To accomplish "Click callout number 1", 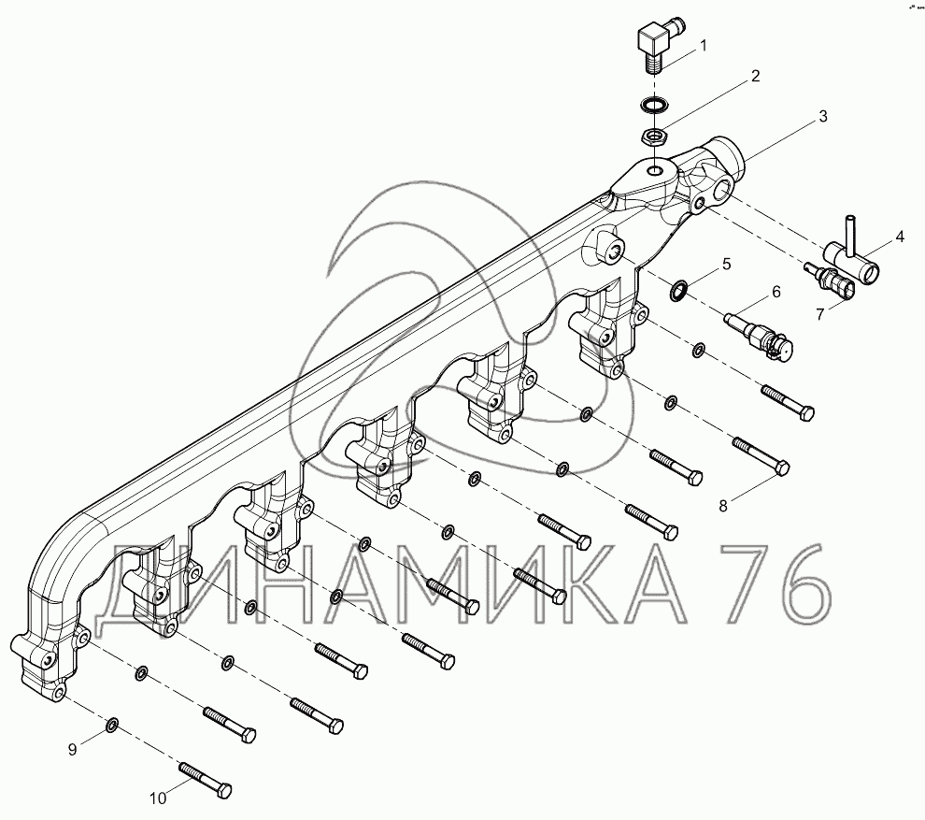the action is (703, 46).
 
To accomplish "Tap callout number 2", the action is (755, 76).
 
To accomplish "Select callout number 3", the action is (823, 116).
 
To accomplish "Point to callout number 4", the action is (899, 237).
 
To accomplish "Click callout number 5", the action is (726, 264).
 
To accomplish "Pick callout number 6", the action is (776, 292).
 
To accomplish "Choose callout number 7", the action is (820, 314).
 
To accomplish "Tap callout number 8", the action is (723, 505).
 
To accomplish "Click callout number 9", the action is (72, 750).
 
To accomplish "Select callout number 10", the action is (158, 798).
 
